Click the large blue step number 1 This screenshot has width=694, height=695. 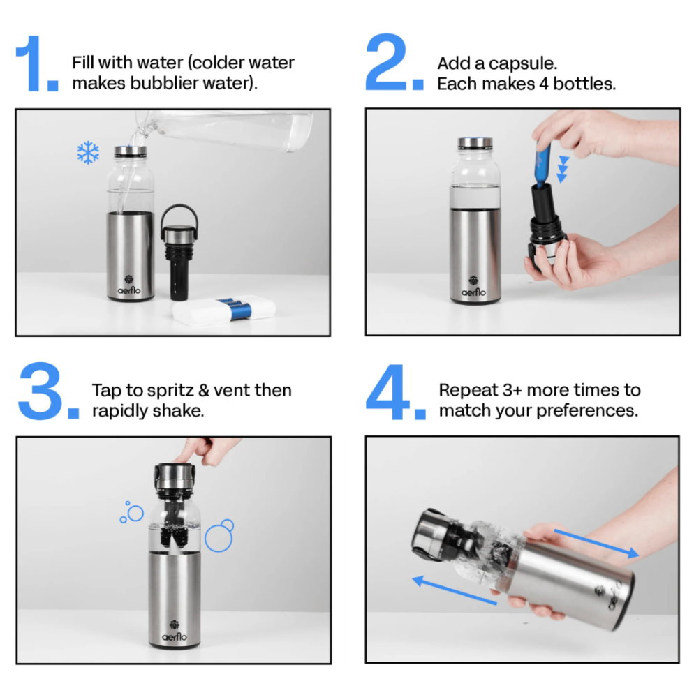click(x=35, y=64)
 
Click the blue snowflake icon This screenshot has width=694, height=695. click(x=88, y=153)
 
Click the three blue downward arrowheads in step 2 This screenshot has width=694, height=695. click(x=562, y=169)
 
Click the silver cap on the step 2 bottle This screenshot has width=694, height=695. click(x=475, y=144)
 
